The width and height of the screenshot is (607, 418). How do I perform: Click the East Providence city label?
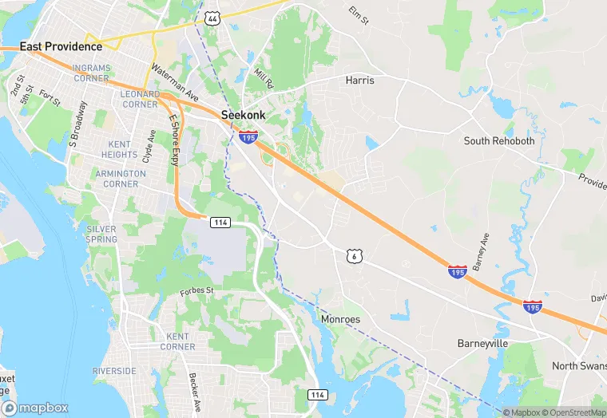61,46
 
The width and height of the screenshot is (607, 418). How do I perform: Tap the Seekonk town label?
243,115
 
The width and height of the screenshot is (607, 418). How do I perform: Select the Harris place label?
359,81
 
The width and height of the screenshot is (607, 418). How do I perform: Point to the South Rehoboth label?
499,141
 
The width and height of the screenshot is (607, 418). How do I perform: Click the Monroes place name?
340,319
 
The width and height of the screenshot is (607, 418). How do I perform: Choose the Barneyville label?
482,343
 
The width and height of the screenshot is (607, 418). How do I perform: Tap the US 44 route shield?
212,18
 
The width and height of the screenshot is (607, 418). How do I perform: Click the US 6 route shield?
355,256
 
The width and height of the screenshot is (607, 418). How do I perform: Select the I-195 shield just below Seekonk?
248,138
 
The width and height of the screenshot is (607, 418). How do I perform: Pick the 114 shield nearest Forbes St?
220,222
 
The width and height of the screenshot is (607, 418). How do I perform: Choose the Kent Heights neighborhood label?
121,149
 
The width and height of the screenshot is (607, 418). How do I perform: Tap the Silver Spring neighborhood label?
101,234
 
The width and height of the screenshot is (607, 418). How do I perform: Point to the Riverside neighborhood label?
113,371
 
